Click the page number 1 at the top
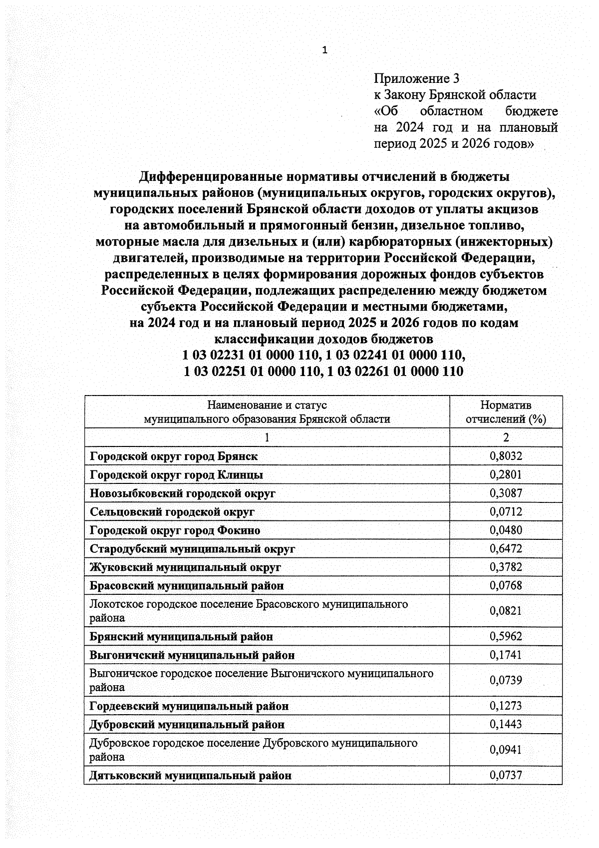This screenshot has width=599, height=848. [325, 50]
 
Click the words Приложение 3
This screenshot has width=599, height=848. [416, 79]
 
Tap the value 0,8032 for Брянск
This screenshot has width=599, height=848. [506, 456]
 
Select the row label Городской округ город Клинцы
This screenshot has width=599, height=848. [176, 474]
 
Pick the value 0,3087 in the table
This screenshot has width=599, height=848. [506, 493]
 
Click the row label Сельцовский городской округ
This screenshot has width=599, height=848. [172, 511]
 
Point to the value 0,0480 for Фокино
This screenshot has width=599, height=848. [506, 530]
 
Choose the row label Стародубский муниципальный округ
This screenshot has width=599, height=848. [192, 548]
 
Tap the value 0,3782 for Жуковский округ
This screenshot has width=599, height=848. [506, 567]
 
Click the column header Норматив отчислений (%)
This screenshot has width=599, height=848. [506, 412]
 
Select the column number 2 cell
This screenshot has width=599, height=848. [506, 437]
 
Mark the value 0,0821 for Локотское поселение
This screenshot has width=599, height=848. [506, 611]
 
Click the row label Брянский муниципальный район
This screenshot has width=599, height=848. [181, 636]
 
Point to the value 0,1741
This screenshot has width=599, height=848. [506, 655]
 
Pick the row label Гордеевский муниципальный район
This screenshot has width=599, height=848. [189, 706]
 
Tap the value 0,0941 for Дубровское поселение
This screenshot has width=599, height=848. [506, 750]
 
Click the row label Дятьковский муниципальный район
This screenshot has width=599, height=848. [190, 775]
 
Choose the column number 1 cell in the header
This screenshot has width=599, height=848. [267, 437]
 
